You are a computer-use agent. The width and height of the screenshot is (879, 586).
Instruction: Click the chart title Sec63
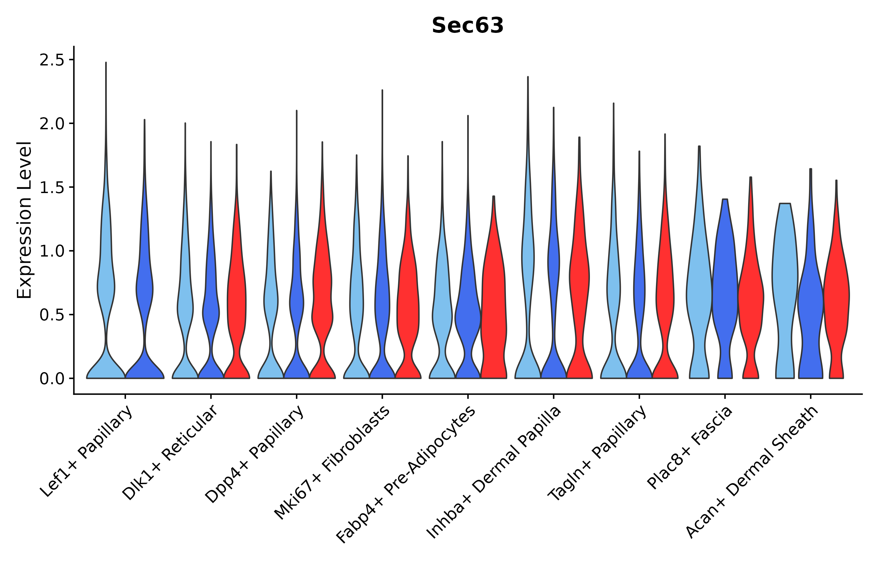(x=467, y=26)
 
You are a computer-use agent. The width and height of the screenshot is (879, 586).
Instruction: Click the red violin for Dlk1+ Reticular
(x=237, y=299)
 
